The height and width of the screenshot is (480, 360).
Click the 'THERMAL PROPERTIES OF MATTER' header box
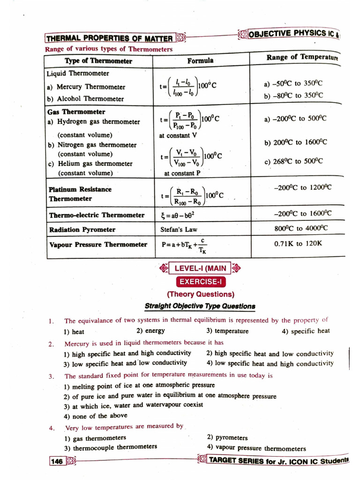(109, 38)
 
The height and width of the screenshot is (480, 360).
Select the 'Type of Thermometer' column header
(98, 61)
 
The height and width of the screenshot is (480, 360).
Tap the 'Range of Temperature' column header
(302, 58)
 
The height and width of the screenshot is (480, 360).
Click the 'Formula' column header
(200, 60)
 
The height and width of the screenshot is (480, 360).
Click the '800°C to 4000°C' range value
(301, 228)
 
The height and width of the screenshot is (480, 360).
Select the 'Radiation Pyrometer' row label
(82, 230)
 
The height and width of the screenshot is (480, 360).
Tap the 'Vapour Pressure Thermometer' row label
(98, 245)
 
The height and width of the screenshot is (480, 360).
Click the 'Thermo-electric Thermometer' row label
(97, 215)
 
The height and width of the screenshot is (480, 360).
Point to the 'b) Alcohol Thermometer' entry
(85, 99)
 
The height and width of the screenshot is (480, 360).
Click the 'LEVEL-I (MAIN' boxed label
(200, 269)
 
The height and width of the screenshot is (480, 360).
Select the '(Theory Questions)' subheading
(200, 294)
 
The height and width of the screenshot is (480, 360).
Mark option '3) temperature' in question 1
(227, 331)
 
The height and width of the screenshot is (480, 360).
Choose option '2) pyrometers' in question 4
(227, 438)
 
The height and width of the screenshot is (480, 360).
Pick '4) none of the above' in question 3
(96, 416)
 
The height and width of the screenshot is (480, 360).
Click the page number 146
(57, 462)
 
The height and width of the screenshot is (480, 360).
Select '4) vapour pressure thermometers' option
(256, 448)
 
